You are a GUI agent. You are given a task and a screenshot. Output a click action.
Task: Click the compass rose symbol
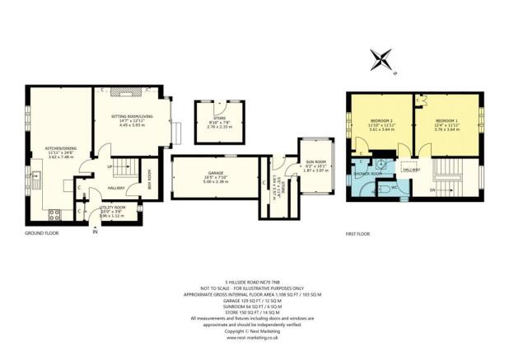tap(381, 59)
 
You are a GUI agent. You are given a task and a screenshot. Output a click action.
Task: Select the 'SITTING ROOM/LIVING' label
tap(133, 117)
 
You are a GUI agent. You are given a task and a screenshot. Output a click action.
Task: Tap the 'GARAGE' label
tap(216, 172)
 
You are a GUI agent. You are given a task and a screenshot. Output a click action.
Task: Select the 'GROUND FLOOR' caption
tap(41, 234)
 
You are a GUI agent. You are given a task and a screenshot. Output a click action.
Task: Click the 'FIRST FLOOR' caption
tap(357, 234)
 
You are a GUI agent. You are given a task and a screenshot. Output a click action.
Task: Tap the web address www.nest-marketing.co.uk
tap(254, 337)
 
